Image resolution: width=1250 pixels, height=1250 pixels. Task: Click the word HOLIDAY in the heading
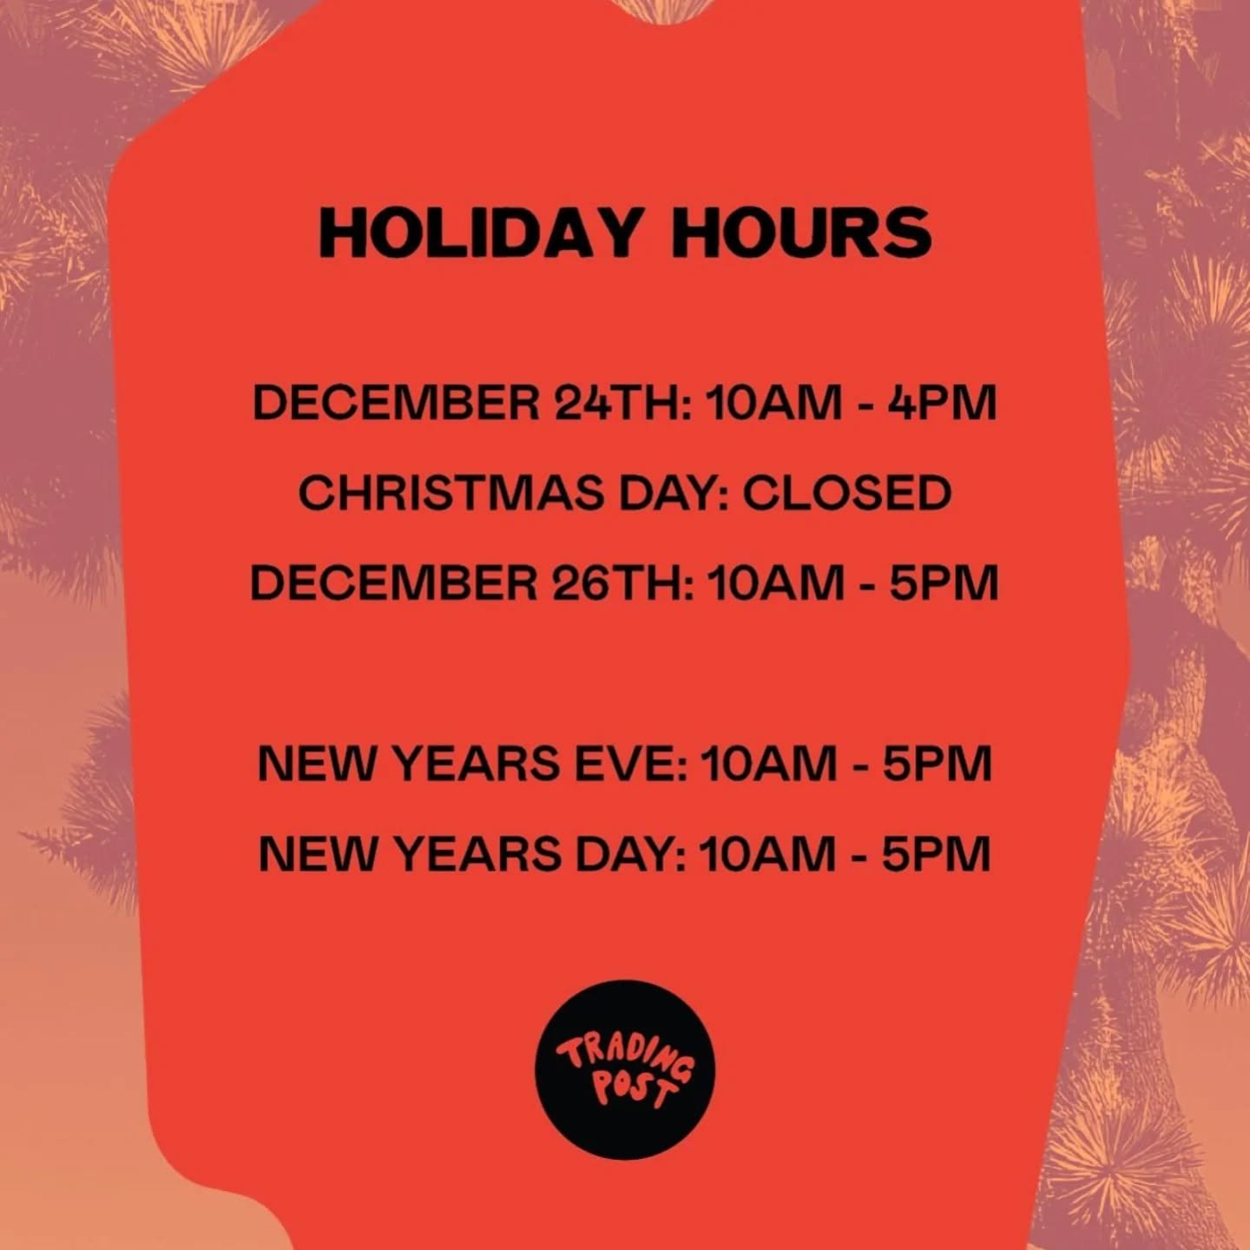480,233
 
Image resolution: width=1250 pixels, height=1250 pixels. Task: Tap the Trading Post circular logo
625,1069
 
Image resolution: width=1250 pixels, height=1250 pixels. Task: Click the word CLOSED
846,493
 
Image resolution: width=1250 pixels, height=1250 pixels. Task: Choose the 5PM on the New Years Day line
937,854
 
